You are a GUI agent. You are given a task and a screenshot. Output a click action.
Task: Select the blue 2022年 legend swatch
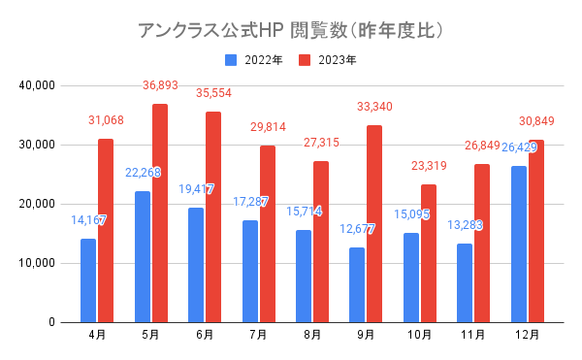coord(231,60)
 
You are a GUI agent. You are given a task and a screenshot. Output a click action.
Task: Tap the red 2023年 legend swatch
coord(305,60)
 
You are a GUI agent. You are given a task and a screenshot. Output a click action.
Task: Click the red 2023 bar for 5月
coord(160,213)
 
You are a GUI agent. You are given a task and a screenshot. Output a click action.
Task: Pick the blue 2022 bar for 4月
coord(88,280)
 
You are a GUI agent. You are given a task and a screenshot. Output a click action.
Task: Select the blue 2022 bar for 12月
coord(519,245)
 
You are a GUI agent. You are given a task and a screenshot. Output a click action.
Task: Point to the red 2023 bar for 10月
coord(429,253)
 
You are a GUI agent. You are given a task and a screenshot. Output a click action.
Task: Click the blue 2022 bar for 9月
coord(357,285)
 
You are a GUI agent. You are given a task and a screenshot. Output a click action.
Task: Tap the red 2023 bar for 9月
coord(374,224)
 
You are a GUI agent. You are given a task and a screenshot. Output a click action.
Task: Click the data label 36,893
coord(160,85)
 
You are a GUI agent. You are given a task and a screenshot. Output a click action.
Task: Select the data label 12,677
coord(357,229)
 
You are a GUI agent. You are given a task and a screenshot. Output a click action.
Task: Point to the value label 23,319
coord(429,166)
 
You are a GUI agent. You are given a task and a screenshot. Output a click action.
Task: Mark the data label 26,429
coord(519,147)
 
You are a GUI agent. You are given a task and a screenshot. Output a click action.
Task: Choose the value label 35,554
coord(213,93)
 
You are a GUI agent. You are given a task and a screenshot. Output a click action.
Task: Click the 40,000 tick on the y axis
coord(37,85)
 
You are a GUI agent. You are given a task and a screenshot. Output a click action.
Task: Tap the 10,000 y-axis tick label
coord(37,263)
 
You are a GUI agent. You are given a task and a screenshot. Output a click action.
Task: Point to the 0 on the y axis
coord(51,322)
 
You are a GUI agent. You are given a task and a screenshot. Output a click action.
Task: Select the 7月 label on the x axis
coord(258,335)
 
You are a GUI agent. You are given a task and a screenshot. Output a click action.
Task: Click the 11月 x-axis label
coord(473,335)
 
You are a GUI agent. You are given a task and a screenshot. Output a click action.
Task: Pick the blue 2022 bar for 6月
coord(196,265)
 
